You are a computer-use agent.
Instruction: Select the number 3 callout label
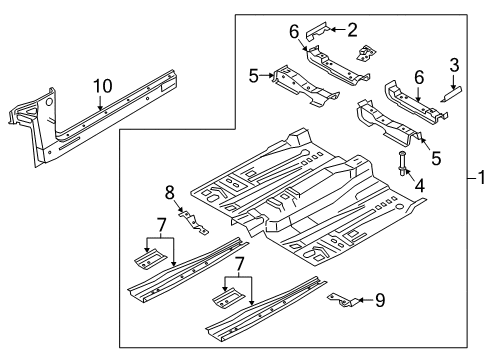454,65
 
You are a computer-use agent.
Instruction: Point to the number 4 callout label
420,186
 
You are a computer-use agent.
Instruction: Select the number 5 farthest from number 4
254,74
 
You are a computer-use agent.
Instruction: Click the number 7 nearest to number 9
237,290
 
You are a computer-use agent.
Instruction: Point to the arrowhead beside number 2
334,30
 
